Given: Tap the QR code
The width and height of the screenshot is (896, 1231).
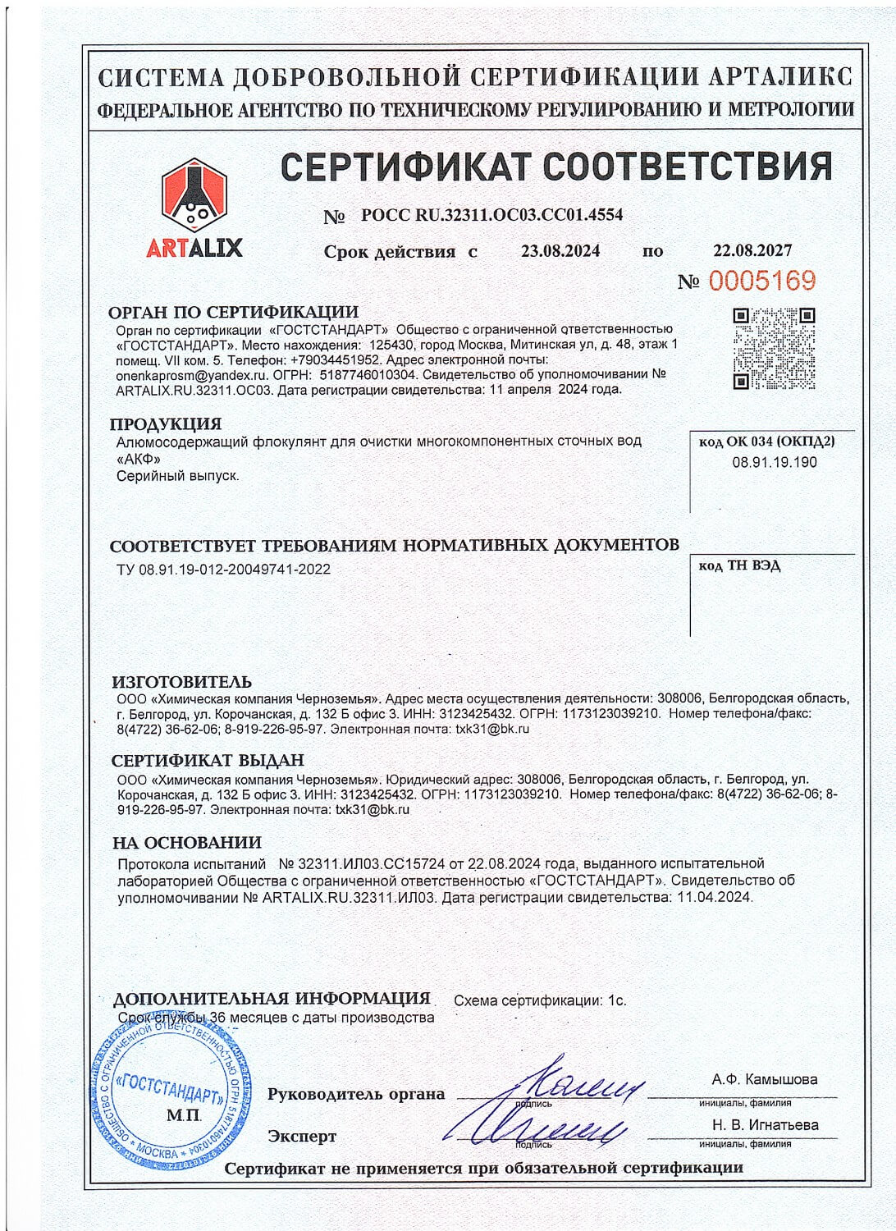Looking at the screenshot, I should tap(774, 348).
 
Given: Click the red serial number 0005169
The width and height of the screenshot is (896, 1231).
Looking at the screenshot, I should tap(762, 281).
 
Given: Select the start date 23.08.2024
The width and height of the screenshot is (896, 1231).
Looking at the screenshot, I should tap(560, 251).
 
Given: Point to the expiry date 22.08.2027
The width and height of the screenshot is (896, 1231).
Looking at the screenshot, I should tap(752, 250).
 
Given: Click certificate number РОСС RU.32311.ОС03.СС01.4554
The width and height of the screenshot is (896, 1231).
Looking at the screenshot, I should tap(491, 215).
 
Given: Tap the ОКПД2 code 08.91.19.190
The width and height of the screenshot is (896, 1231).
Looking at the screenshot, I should tap(775, 462).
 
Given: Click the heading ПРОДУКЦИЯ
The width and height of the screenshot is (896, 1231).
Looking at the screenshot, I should tap(166, 423).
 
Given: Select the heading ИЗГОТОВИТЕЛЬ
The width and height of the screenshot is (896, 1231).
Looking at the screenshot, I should tap(181, 682).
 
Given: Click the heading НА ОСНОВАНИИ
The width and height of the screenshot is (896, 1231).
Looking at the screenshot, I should tap(187, 843).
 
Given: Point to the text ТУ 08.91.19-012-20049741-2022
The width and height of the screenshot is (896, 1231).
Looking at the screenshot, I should tap(224, 569).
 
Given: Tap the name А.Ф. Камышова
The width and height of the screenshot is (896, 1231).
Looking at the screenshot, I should tap(765, 1079).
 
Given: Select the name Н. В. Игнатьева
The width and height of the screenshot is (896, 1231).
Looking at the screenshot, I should tap(765, 1125).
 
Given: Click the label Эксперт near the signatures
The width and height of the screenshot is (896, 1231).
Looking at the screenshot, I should tap(302, 1137).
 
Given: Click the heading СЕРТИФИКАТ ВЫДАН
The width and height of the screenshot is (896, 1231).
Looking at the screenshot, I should tap(208, 761).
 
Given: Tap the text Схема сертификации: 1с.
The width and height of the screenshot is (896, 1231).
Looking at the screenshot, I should tap(540, 1000).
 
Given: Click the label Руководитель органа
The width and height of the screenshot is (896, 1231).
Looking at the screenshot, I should tap(356, 1094).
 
